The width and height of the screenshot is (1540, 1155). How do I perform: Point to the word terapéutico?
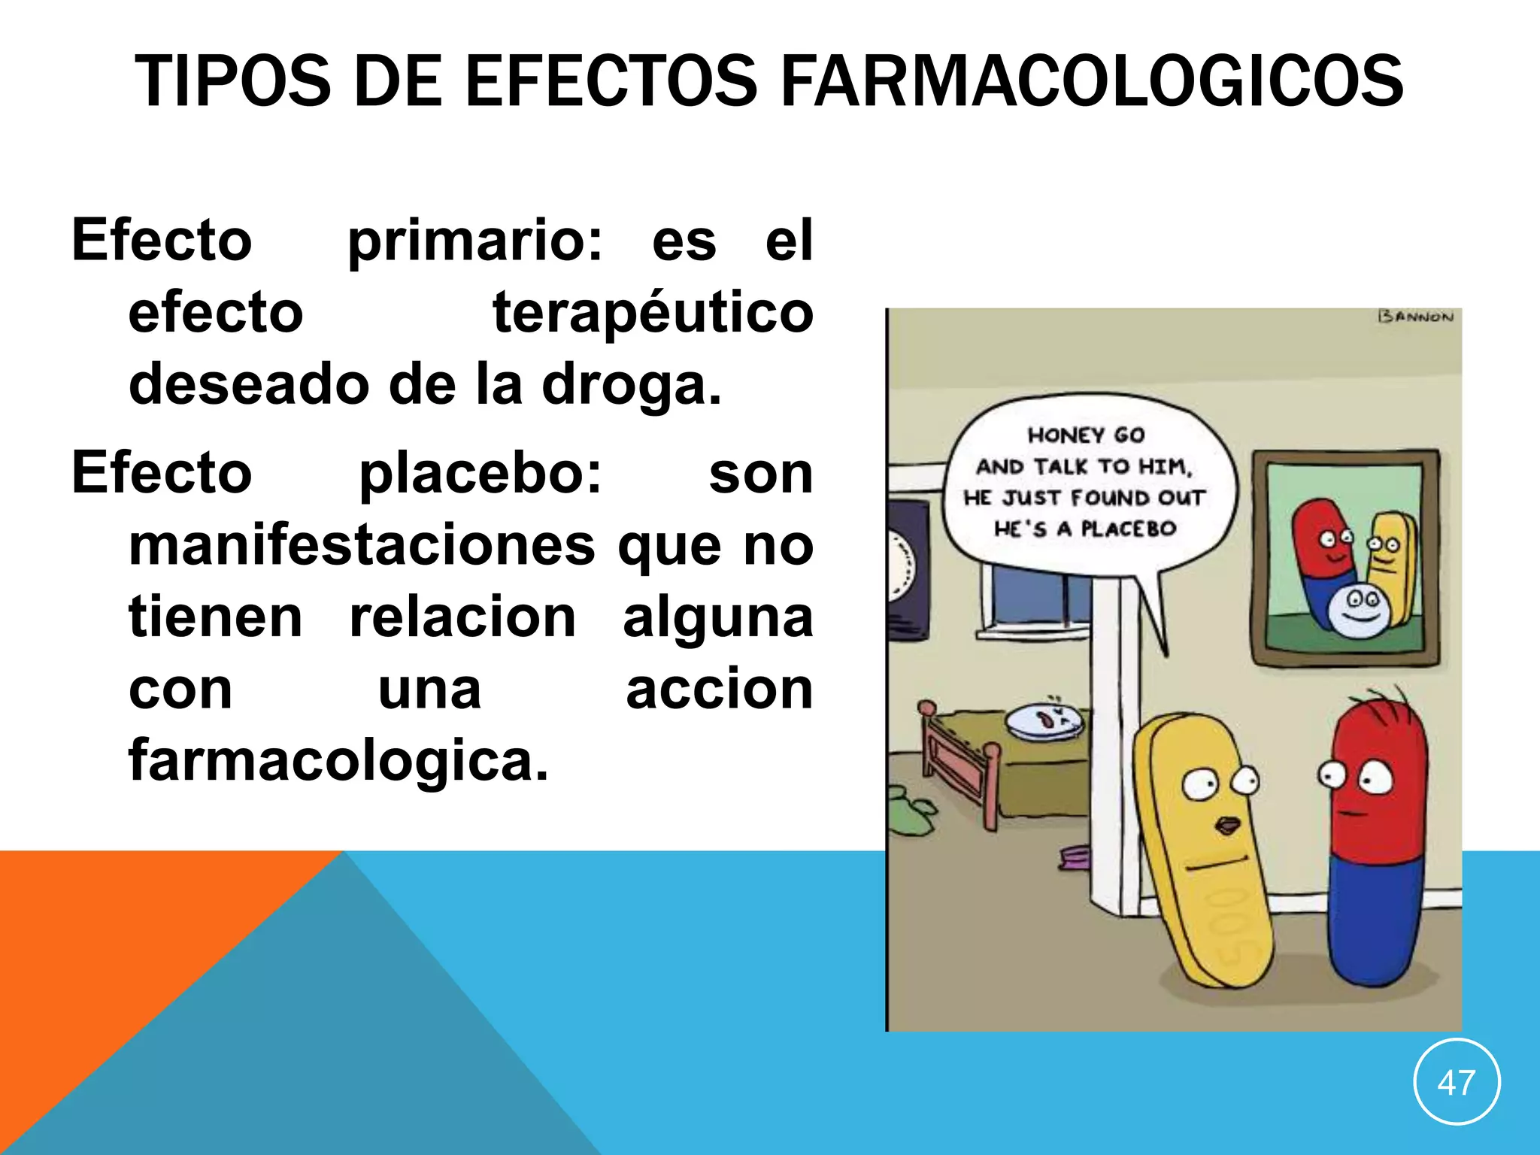(653, 314)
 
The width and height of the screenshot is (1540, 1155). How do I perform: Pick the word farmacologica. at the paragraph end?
(338, 761)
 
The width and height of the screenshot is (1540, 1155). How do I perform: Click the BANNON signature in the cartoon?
(1416, 317)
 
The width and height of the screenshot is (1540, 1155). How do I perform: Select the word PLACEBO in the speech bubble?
(1128, 529)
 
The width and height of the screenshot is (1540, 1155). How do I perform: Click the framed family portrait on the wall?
(1345, 558)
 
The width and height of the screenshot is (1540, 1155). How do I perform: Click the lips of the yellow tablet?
(1227, 826)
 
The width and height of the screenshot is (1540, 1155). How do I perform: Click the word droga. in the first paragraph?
(632, 386)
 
